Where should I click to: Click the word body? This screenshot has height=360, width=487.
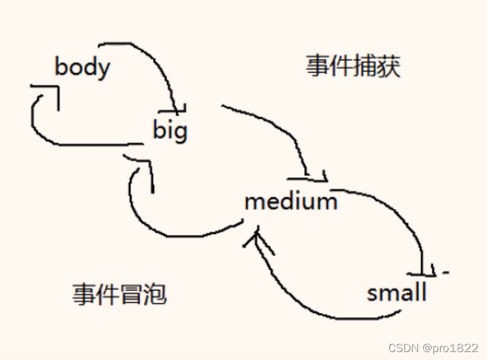point(82,66)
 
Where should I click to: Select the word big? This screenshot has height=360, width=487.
point(170,130)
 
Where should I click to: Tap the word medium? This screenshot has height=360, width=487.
point(291,200)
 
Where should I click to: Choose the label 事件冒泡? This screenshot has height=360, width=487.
point(119,295)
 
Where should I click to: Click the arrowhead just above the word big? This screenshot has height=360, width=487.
point(174,110)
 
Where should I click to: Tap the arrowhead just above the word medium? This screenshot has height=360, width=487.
point(311,178)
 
